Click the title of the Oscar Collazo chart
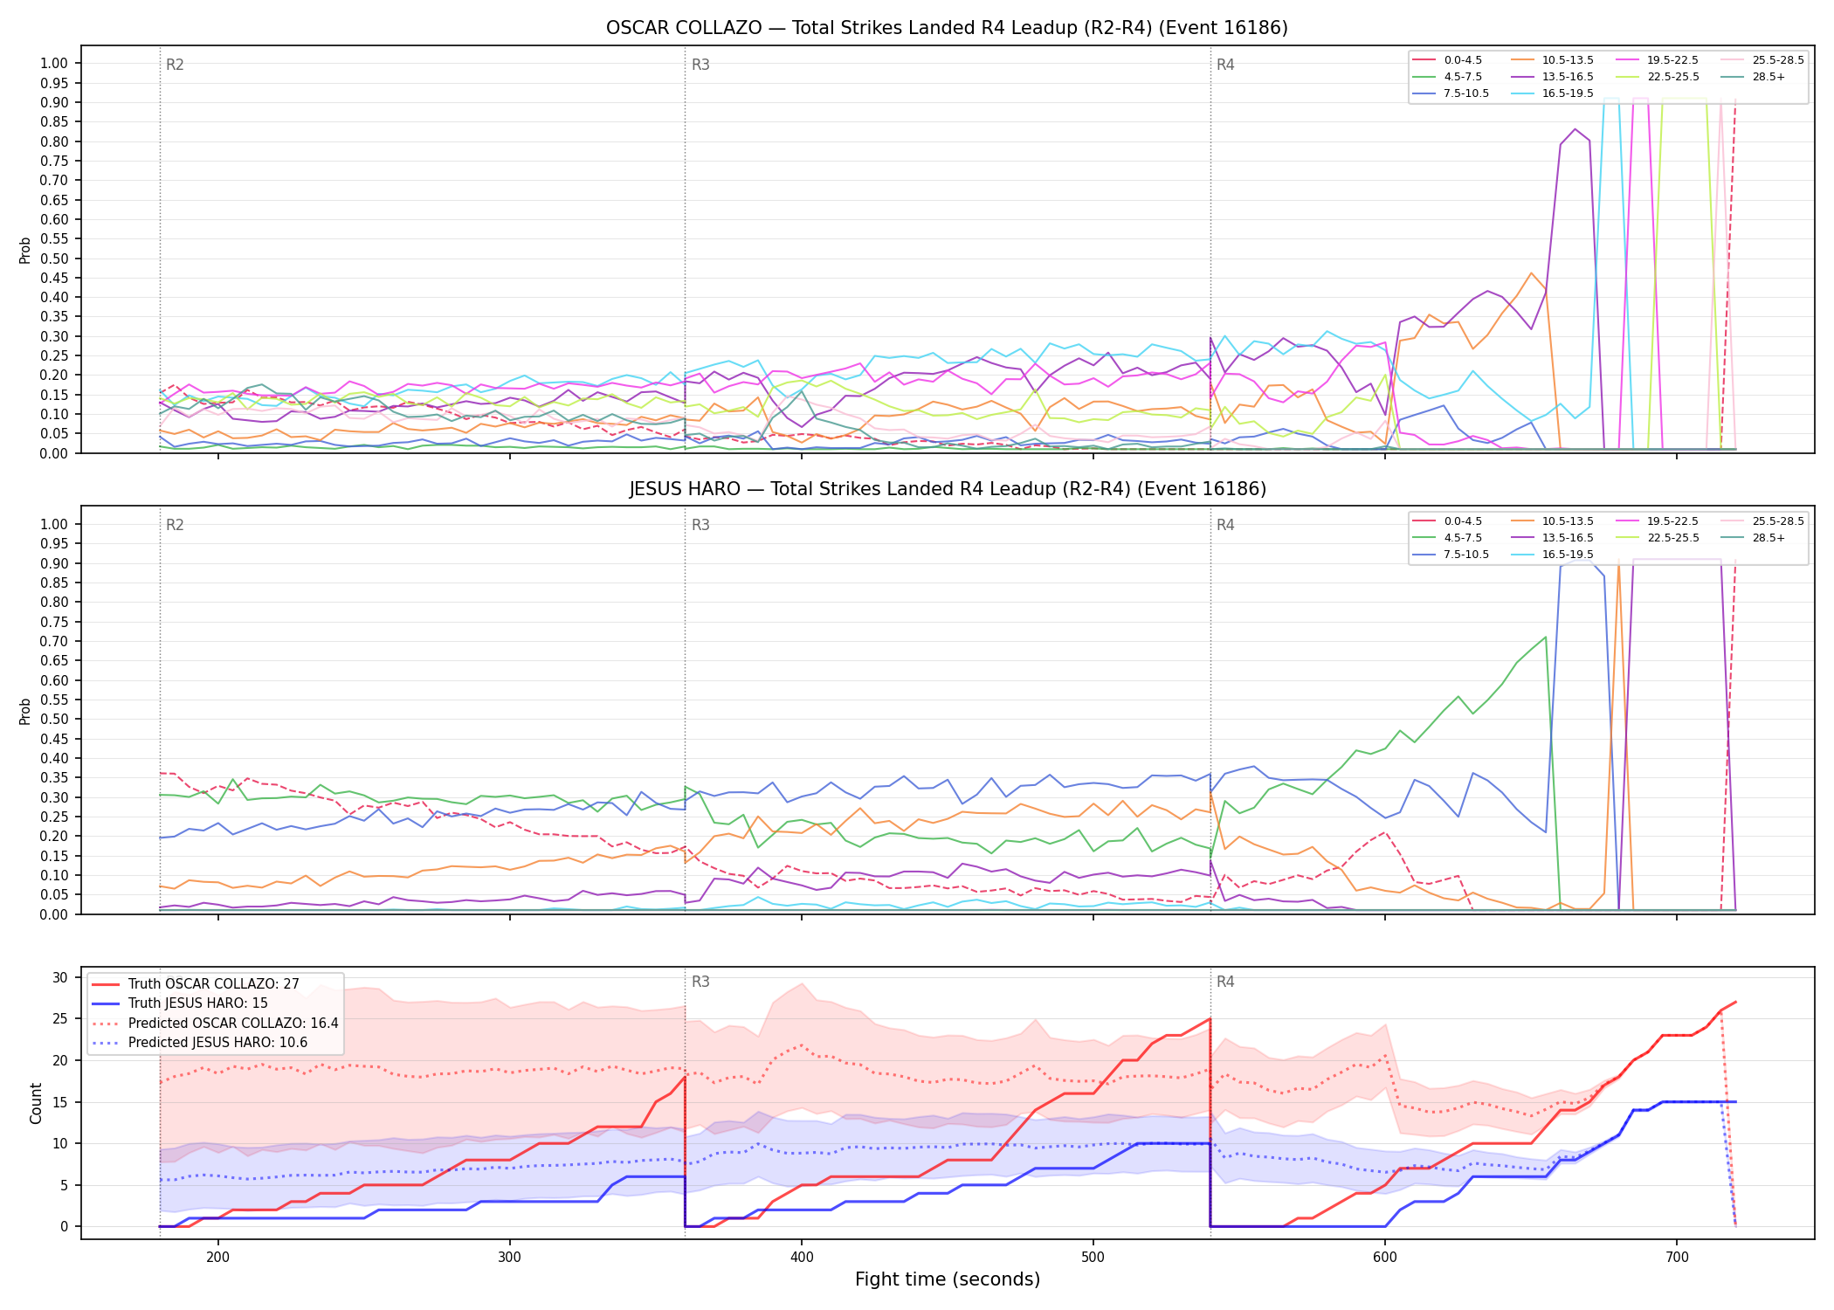coord(947,28)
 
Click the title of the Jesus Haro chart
coord(947,489)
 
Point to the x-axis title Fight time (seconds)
coord(948,1279)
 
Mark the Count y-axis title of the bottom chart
coord(36,1103)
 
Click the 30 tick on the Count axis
coord(59,977)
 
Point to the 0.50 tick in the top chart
coord(54,259)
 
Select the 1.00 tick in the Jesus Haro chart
coord(54,524)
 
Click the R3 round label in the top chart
coord(700,65)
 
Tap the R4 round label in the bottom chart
coord(1225,982)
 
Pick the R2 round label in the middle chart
coord(175,525)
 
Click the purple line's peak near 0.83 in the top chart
coord(1575,129)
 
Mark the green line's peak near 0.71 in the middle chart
coord(1546,637)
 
